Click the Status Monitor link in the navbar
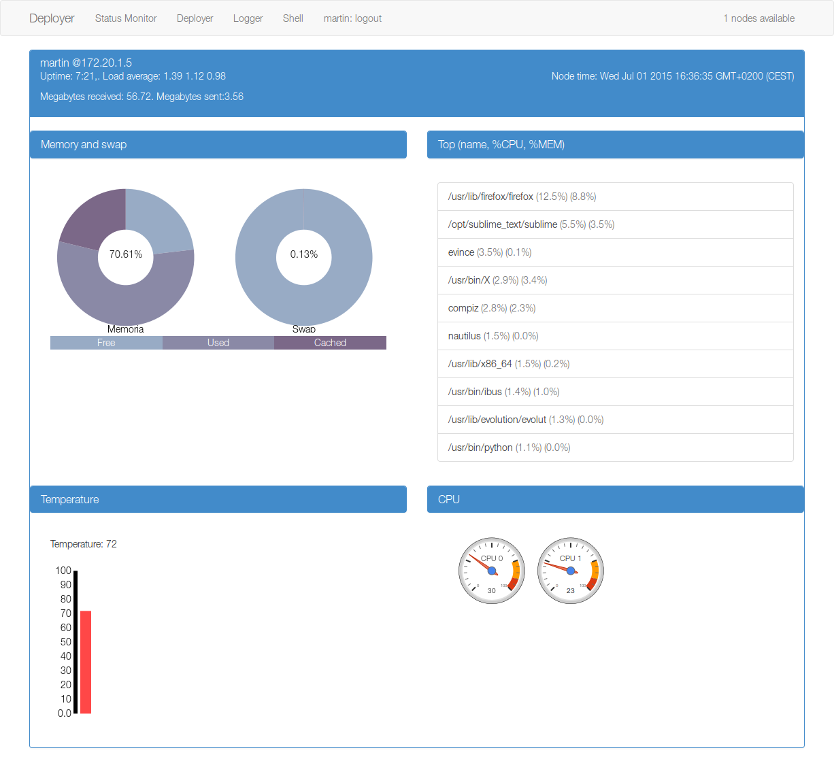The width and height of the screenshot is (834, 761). [126, 18]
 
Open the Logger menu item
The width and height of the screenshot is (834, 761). [248, 18]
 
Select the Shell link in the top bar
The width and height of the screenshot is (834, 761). [293, 18]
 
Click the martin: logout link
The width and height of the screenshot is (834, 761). [352, 18]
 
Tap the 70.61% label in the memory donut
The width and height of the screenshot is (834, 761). [126, 254]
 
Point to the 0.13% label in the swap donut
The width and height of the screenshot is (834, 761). [304, 254]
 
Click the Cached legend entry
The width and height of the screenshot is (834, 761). [330, 343]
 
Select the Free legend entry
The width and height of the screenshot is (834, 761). [106, 343]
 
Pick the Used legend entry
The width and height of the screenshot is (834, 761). [218, 343]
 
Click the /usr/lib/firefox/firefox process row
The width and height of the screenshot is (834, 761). [615, 197]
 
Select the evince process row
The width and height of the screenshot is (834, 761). [615, 252]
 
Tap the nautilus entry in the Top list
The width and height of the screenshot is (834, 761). [615, 336]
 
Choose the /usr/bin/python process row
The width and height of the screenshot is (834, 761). [615, 447]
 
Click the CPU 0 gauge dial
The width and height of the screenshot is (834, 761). [492, 571]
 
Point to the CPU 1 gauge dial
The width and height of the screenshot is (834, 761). [571, 571]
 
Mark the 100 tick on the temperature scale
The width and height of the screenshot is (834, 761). [63, 571]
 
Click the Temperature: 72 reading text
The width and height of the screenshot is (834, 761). [84, 544]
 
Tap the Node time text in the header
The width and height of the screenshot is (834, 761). [672, 76]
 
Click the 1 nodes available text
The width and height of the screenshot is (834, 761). [758, 18]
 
